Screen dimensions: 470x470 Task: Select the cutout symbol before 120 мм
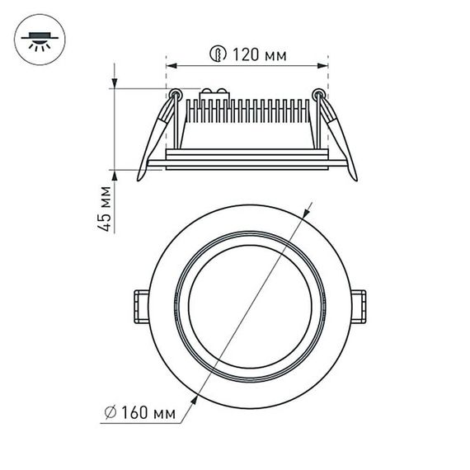pos(217,56)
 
